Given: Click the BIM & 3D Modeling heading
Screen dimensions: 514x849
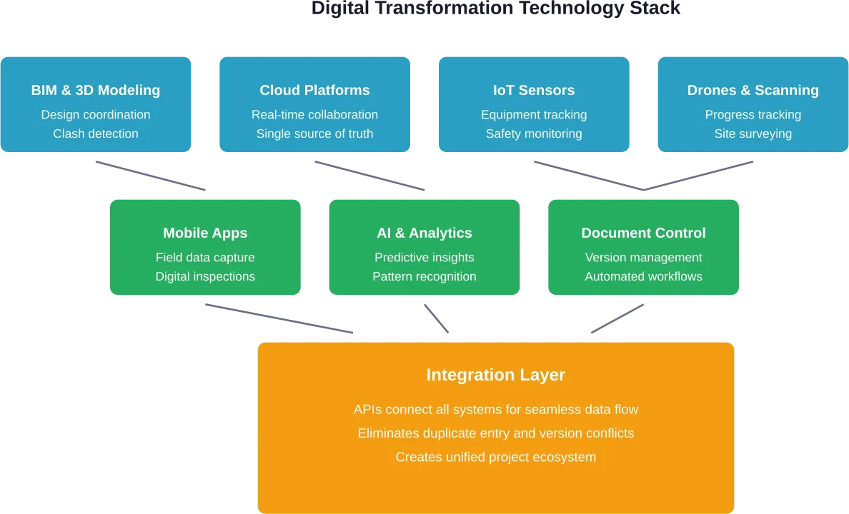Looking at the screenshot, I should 96,90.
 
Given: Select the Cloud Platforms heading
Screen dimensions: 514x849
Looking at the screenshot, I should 314,90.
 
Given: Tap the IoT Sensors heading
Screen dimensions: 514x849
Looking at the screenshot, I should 534,90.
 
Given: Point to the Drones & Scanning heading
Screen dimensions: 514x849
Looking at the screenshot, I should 753,90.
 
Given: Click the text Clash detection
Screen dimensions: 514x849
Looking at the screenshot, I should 96,133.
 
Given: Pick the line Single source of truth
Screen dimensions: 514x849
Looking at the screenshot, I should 314,133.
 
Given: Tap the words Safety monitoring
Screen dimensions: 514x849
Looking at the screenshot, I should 534,133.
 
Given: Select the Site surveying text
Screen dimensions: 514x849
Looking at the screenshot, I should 753,133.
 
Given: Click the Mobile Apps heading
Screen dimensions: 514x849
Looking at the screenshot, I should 205,233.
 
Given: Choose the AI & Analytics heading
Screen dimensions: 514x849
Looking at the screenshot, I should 424,233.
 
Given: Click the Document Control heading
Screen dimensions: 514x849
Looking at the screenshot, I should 643,233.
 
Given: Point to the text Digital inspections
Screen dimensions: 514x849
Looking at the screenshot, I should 205,276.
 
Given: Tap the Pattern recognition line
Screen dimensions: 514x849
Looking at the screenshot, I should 424,276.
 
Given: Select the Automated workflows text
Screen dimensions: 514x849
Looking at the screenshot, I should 643,276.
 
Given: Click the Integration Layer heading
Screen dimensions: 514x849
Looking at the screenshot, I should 496,375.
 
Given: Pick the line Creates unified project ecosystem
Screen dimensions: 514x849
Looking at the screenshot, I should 496,457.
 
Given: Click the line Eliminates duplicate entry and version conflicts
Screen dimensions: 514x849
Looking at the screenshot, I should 496,433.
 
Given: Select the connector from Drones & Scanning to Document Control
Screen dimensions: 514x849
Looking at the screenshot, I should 697,176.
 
